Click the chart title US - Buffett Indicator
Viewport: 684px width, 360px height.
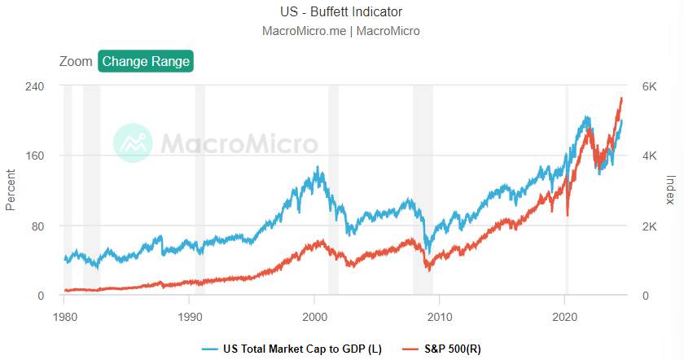pos(341,12)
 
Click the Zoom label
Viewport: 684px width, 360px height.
pos(76,61)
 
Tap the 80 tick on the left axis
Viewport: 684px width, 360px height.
pos(37,226)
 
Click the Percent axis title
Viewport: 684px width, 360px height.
pos(11,190)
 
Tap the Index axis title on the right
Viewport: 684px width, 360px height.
pos(671,191)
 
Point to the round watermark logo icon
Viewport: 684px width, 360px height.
pos(132,143)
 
